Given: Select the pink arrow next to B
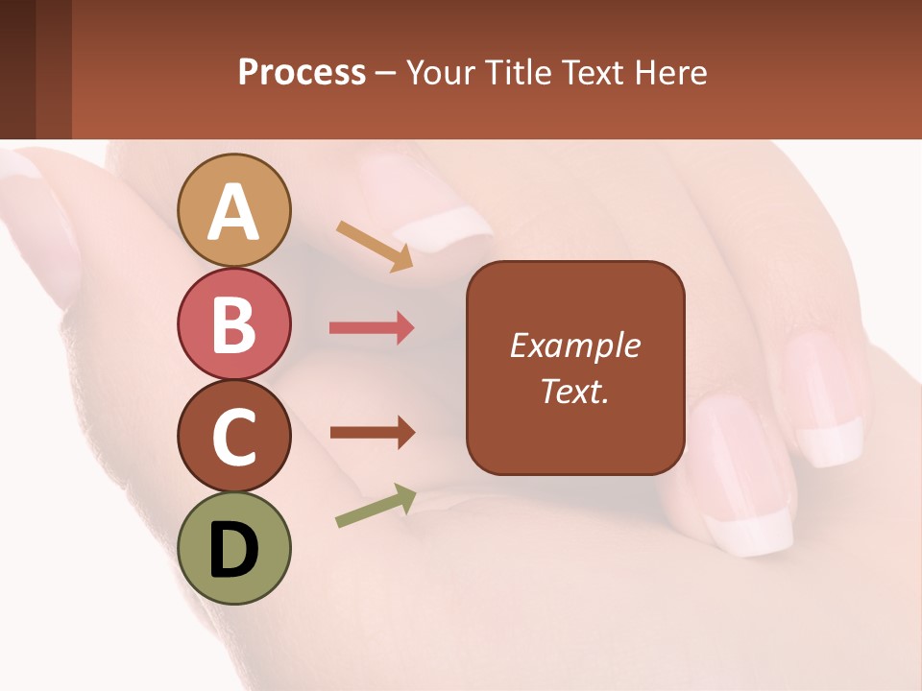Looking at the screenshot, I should click(x=372, y=328).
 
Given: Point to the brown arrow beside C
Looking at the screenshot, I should click(x=372, y=433).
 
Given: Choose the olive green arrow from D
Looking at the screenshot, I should click(x=376, y=506).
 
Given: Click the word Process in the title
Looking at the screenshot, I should click(x=302, y=73).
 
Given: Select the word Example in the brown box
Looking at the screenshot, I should click(x=574, y=345).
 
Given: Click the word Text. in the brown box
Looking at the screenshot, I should click(x=574, y=391).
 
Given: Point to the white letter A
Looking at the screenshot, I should click(x=233, y=212).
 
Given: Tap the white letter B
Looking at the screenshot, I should click(x=233, y=324).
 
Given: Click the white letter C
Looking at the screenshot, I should click(x=233, y=437).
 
